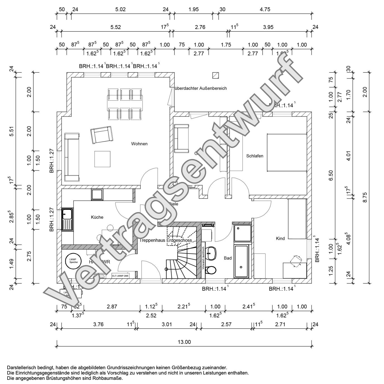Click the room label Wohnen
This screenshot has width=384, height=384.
coord(139,144)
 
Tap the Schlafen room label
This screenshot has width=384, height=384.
coord(255,156)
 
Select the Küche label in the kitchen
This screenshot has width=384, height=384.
coord(97,217)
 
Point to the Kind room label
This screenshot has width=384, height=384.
coord(280,238)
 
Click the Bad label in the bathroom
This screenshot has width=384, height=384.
coord(228,258)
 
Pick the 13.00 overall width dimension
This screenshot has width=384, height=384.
coord(184,342)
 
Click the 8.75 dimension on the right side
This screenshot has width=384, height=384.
coord(365,198)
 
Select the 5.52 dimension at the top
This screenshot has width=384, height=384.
coord(116,27)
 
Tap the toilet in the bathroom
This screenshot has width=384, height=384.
coord(212,270)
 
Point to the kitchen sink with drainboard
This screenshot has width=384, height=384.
coord(67,220)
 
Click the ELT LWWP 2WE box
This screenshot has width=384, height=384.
coord(120,276)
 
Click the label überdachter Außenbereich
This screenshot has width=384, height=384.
coord(200,88)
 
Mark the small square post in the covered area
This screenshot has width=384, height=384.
coord(215,75)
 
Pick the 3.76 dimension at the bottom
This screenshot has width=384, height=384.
coord(98,324)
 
